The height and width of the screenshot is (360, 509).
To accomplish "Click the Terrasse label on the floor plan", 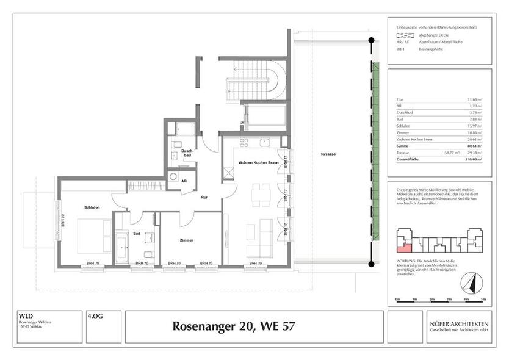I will tap(327, 154).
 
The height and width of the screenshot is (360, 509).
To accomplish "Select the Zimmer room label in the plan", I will tap(187, 240).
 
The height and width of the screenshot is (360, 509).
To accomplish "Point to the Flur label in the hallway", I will tap(206, 197).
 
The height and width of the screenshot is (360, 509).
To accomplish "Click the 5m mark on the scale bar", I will tap(483, 300).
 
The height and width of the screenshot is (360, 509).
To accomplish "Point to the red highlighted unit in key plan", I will tap(403, 245).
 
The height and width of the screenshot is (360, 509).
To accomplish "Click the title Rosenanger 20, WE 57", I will tap(234, 326).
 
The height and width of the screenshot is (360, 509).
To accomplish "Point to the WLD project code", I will tap(25, 316).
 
